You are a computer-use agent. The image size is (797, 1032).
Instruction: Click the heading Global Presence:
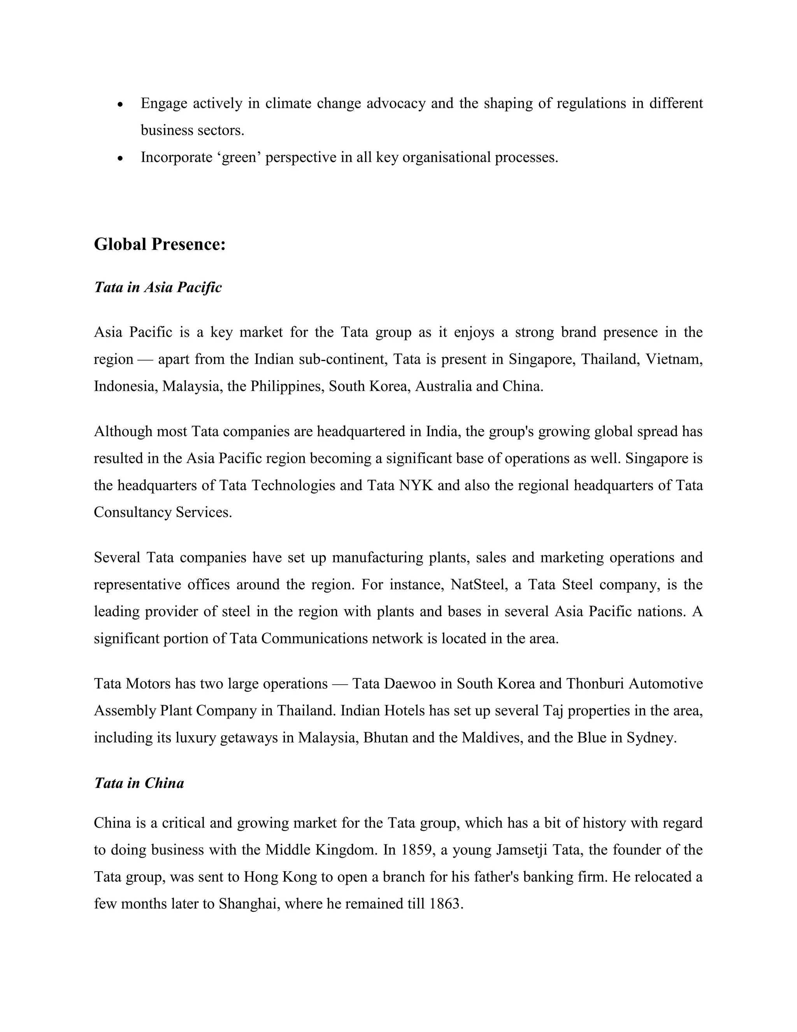[x=160, y=244]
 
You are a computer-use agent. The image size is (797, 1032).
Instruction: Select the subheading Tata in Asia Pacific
[x=158, y=287]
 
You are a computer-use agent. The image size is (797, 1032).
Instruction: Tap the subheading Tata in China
[x=139, y=783]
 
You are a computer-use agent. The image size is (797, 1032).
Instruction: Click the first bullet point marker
[x=121, y=104]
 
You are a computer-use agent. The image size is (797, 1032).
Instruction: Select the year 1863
[x=445, y=904]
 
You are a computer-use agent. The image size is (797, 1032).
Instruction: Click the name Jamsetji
[x=522, y=850]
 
